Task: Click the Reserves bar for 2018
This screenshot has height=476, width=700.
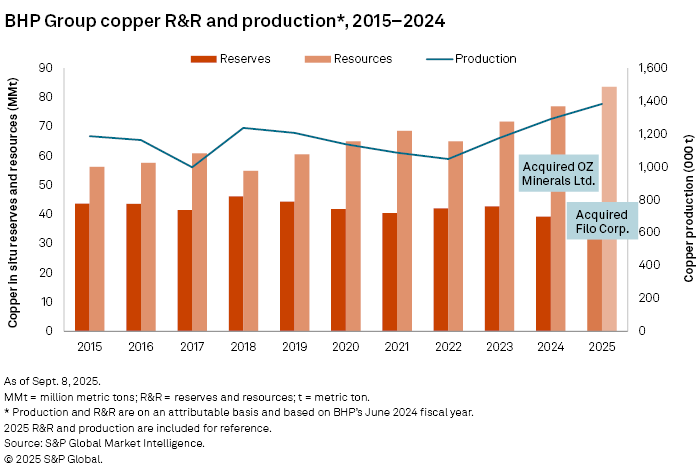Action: pyautogui.click(x=236, y=264)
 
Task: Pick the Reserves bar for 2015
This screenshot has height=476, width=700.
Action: pyautogui.click(x=82, y=267)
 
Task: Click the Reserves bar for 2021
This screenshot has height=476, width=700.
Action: pyautogui.click(x=390, y=272)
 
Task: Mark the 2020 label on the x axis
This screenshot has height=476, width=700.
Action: pyautogui.click(x=346, y=345)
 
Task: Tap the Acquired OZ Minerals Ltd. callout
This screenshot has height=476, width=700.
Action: pyautogui.click(x=559, y=172)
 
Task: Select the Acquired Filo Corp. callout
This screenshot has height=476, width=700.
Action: pyautogui.click(x=602, y=221)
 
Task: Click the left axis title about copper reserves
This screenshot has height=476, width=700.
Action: pyautogui.click(x=14, y=200)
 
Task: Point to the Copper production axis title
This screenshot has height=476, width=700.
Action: pyautogui.click(x=689, y=200)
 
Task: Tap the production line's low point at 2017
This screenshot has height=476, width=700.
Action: pyautogui.click(x=193, y=167)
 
